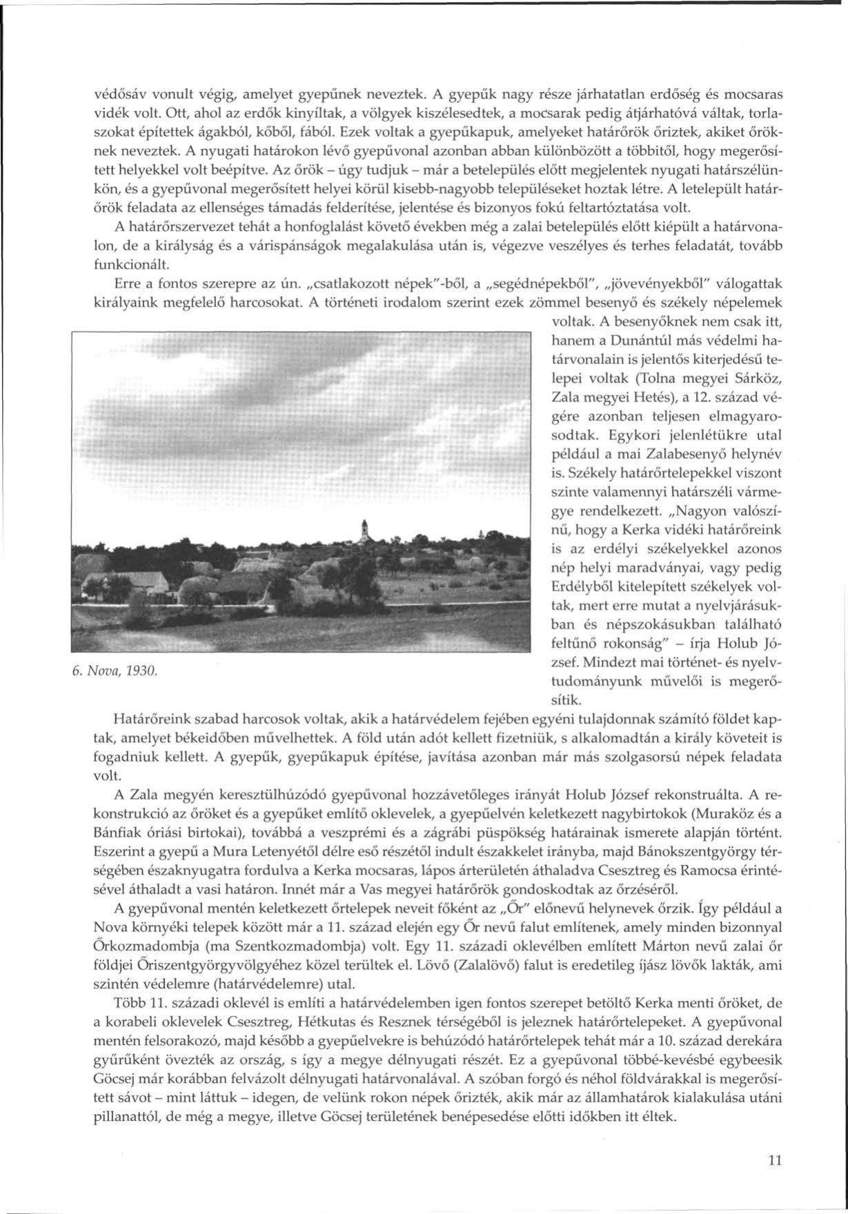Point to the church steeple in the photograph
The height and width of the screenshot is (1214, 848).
point(364,530)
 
